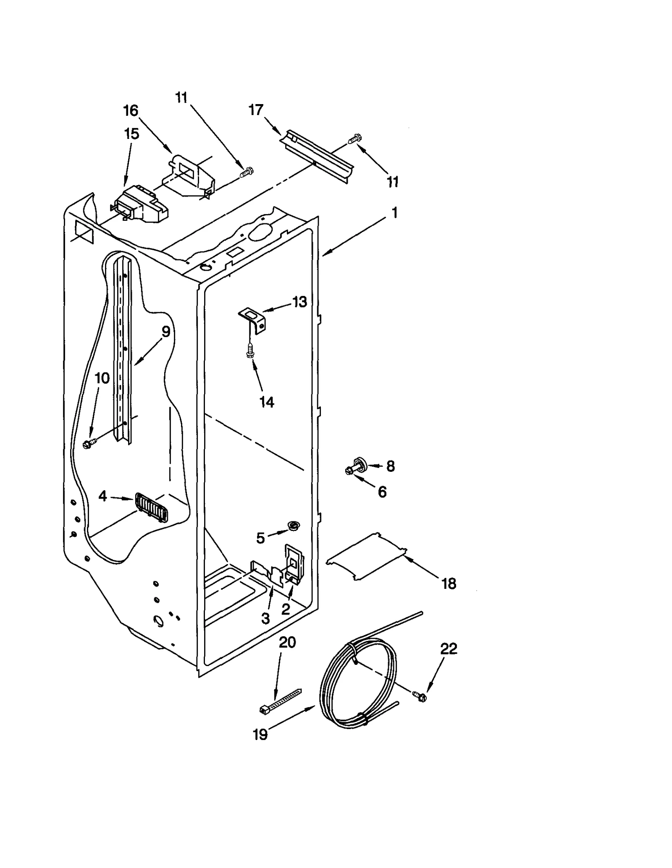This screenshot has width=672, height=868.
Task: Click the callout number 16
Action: tap(131, 111)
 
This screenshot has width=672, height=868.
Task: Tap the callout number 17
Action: tap(256, 110)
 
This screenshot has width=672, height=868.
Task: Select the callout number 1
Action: tap(394, 213)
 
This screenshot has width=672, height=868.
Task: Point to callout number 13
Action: tap(299, 302)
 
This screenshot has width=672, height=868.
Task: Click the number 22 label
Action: tap(448, 649)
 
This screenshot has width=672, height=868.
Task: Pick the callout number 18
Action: tap(449, 583)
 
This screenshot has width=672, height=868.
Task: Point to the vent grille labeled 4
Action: tap(152, 507)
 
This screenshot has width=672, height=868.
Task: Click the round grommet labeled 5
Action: tap(293, 525)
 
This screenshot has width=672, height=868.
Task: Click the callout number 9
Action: tap(166, 332)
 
